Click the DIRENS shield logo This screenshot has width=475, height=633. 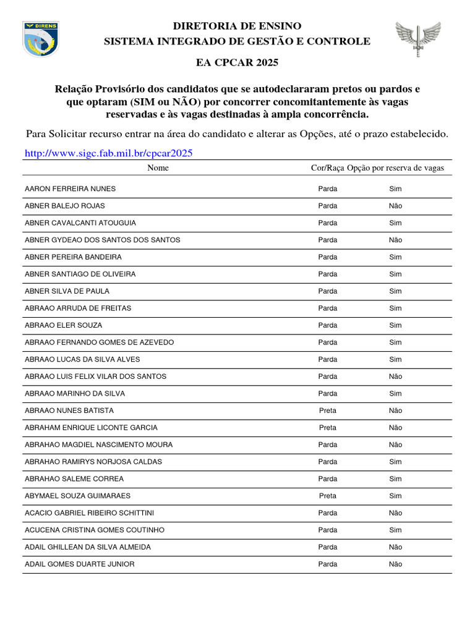42,38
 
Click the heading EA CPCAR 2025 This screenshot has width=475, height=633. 237,62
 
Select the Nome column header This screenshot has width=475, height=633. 158,168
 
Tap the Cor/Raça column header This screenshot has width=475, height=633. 327,168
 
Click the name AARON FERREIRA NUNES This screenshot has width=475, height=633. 70,189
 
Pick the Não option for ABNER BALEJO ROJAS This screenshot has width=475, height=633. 395,206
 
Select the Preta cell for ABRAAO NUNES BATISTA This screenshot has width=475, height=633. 328,410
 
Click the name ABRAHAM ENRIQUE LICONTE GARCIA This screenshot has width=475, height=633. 91,428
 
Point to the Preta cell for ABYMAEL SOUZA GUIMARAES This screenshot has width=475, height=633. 328,496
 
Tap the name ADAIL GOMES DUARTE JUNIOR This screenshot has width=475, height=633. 79,564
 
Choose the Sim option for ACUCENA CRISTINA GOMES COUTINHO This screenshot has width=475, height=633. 395,530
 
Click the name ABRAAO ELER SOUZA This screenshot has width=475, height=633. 63,325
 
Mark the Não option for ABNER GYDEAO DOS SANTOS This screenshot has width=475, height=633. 395,240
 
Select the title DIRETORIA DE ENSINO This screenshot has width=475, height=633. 237,26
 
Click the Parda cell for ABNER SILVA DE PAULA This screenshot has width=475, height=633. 328,291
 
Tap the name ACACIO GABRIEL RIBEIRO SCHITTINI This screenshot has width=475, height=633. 89,513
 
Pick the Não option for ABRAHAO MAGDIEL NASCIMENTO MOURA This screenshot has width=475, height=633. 395,444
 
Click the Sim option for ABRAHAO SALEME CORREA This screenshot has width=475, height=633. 395,478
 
